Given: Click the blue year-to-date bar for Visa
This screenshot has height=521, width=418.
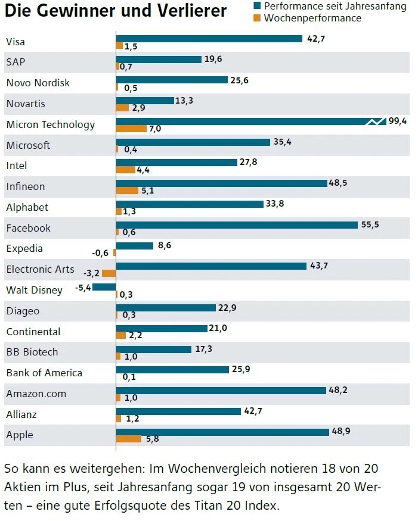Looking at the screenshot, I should click(x=209, y=39).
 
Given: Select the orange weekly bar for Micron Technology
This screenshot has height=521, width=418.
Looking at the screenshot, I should click(x=131, y=129).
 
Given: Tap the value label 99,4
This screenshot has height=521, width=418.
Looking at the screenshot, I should click(x=397, y=121).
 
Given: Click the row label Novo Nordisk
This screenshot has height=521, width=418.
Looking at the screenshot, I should click(x=38, y=83).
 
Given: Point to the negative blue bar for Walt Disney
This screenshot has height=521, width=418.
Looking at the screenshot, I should click(x=104, y=287).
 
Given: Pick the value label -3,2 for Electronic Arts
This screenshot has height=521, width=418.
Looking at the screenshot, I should click(x=92, y=274).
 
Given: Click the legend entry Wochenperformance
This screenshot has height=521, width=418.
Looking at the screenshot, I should click(x=312, y=18).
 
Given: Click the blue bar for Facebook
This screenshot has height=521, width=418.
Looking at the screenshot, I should click(x=237, y=224).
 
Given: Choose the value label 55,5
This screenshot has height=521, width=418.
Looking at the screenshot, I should click(x=370, y=224).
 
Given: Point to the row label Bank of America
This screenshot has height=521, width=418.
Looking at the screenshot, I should click(x=44, y=373).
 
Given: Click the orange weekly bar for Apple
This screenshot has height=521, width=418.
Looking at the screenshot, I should click(x=129, y=439).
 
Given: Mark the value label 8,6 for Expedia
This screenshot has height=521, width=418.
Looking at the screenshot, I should click(x=164, y=245).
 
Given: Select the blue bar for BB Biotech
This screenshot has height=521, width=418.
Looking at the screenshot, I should click(x=153, y=349).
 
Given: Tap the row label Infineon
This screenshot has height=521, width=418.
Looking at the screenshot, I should click(x=26, y=187).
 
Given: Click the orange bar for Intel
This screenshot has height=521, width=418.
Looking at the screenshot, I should click(x=126, y=170).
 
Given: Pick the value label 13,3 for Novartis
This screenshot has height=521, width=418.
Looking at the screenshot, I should click(x=184, y=101).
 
